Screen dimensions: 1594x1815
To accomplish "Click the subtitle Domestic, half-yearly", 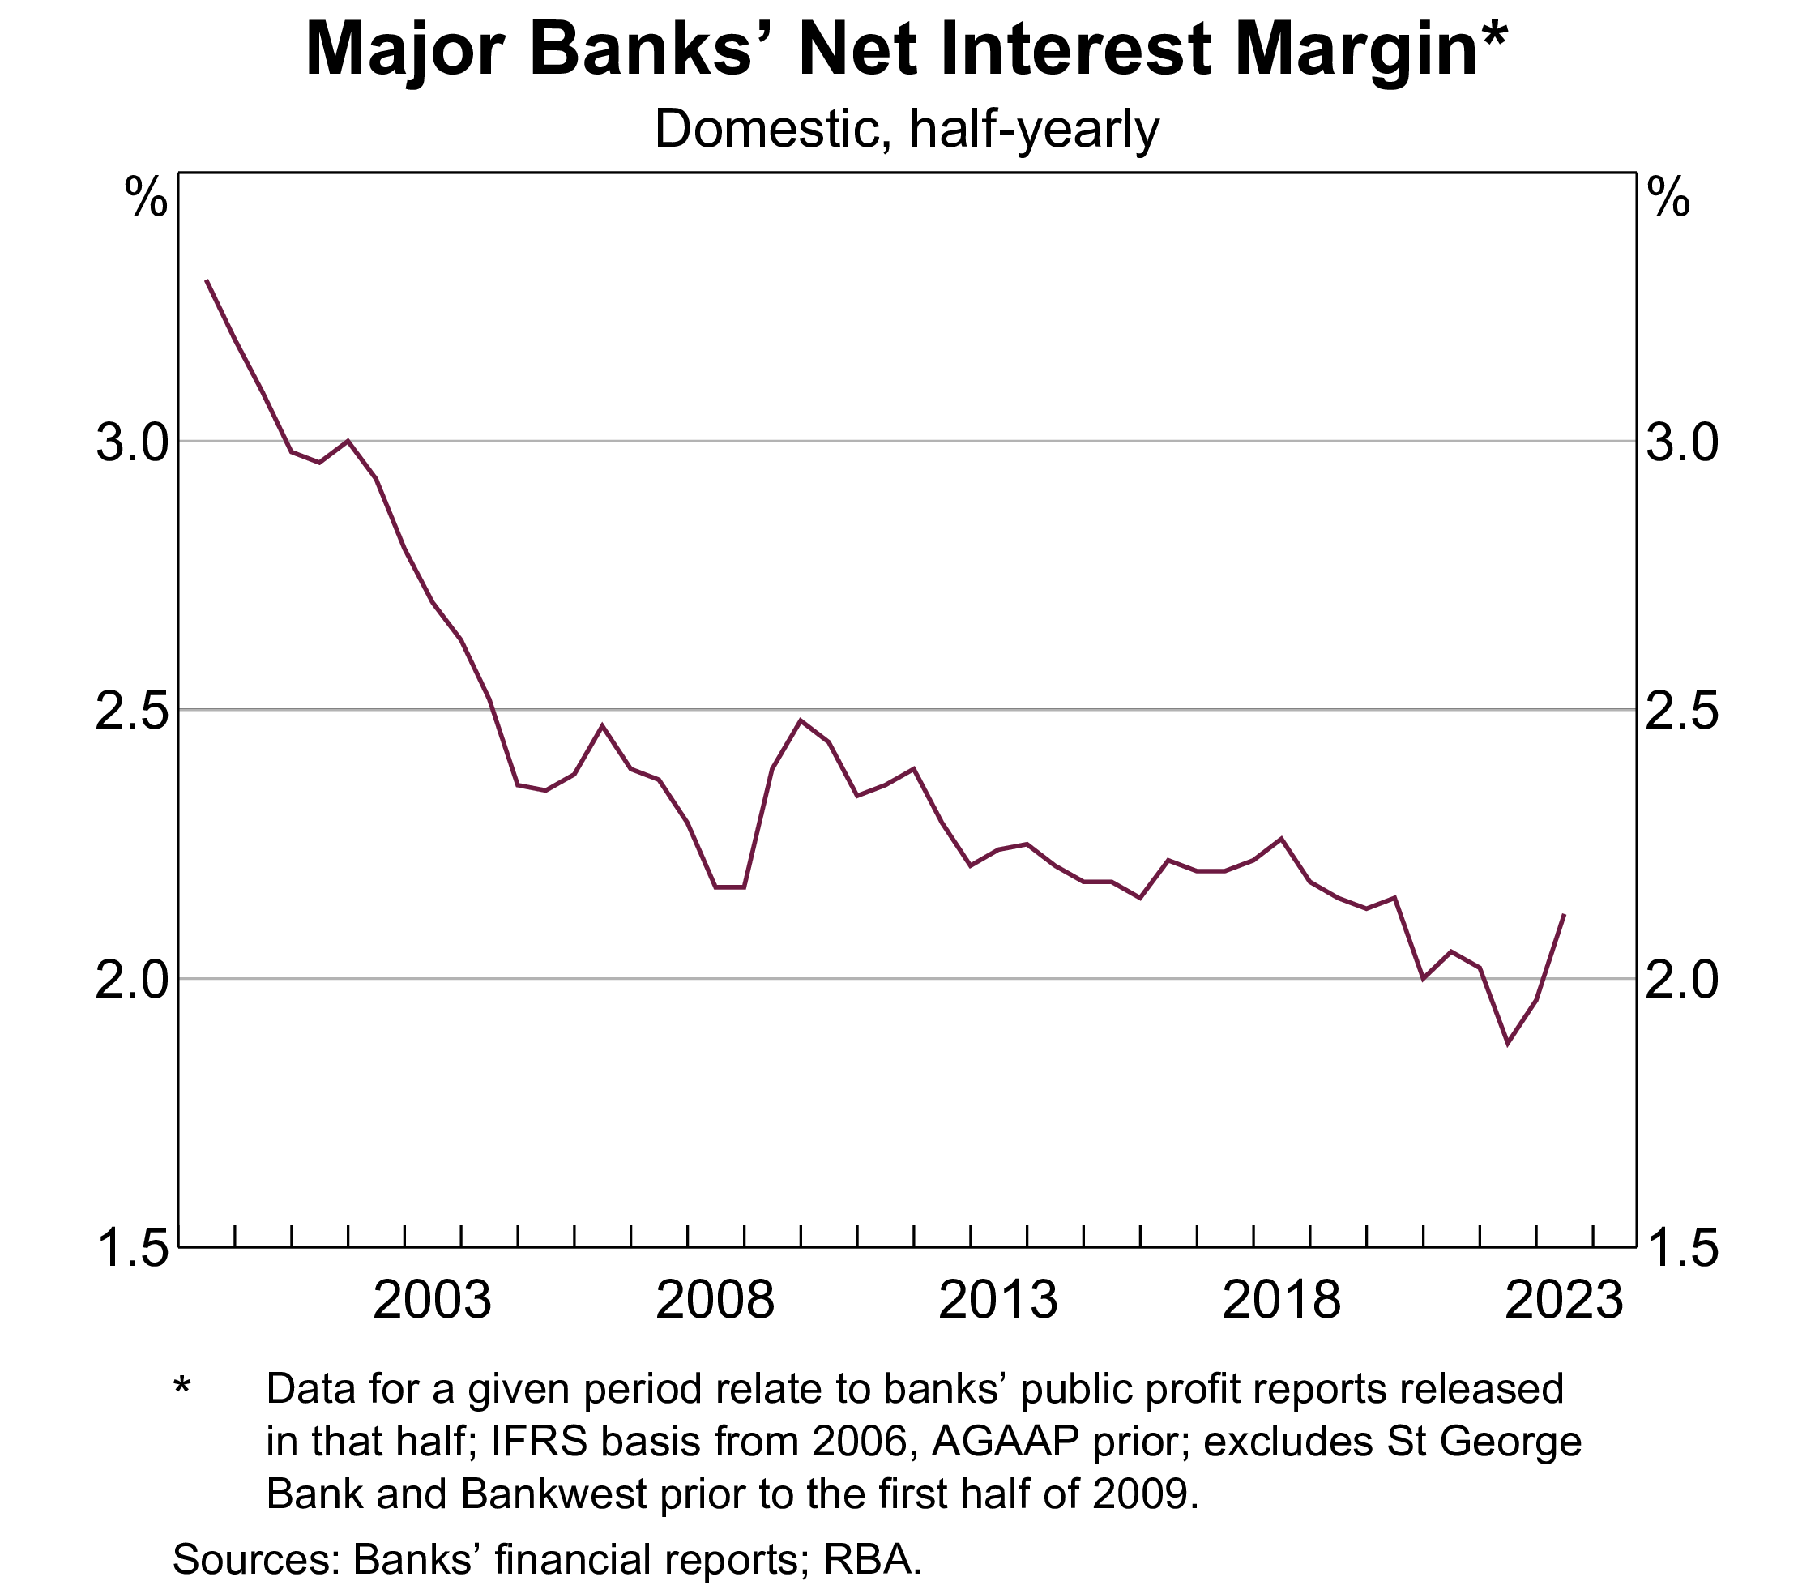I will pyautogui.click(x=907, y=130).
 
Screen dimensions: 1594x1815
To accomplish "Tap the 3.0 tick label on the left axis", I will pyautogui.click(x=131, y=443).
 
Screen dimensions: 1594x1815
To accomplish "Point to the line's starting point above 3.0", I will pyautogui.click(x=207, y=280).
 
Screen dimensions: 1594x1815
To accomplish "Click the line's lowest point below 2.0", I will pyautogui.click(x=1508, y=1044).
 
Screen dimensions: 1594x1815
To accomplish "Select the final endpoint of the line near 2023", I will pyautogui.click(x=1564, y=915).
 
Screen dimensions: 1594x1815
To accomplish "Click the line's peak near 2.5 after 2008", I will pyautogui.click(x=801, y=720).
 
